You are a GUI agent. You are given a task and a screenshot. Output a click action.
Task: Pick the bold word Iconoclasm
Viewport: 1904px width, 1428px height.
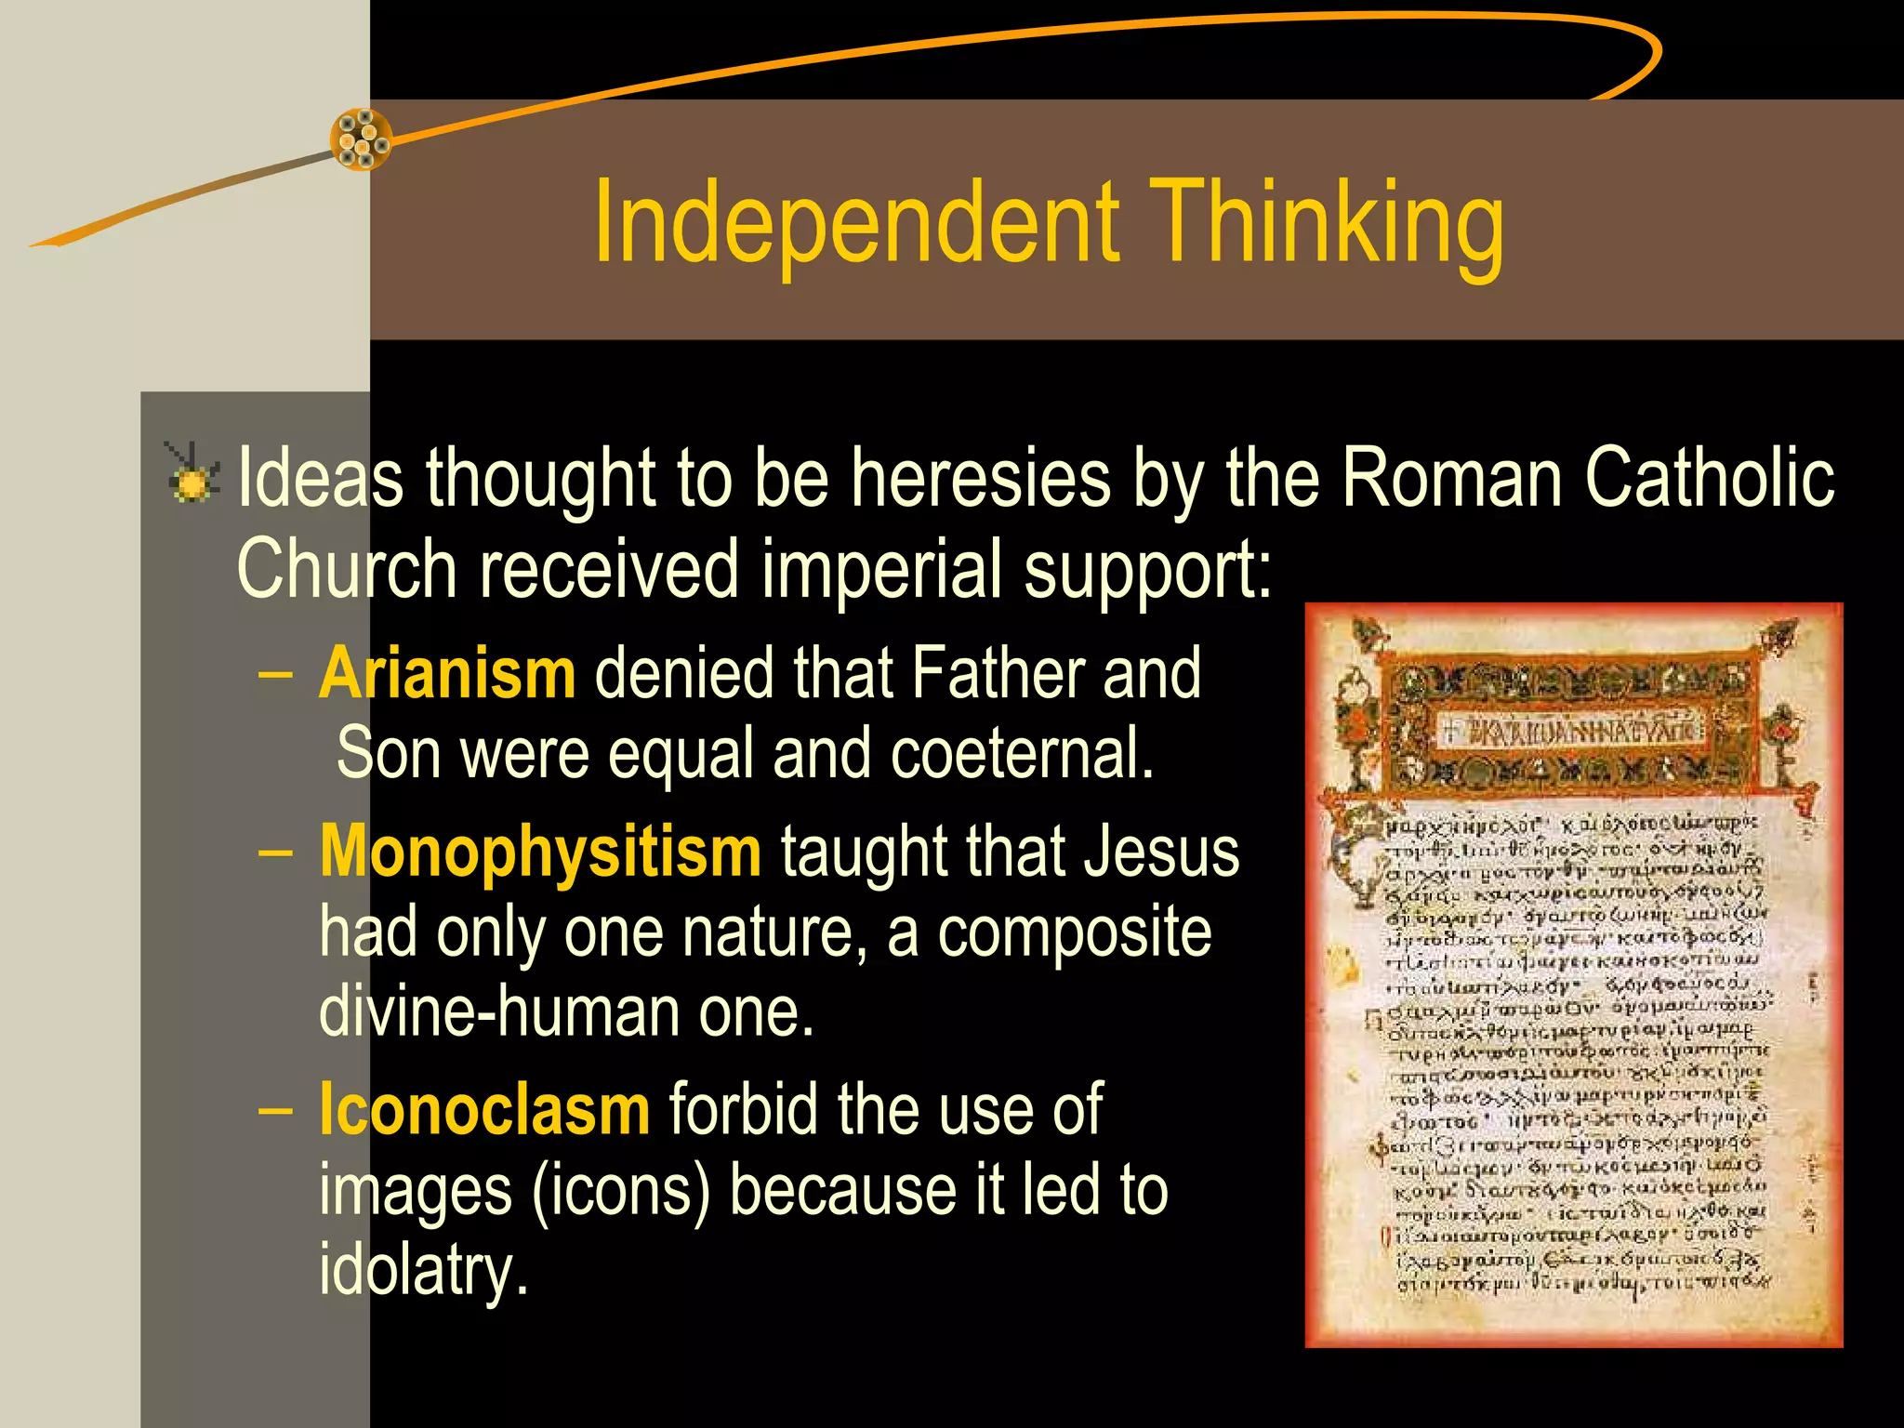click(x=483, y=1109)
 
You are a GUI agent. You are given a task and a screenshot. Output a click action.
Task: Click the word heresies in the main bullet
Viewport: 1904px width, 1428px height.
click(x=981, y=478)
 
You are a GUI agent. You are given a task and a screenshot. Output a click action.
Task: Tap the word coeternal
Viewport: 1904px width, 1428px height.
click(x=1022, y=752)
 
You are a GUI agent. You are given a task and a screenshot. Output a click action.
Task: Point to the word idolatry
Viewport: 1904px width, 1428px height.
click(x=423, y=1269)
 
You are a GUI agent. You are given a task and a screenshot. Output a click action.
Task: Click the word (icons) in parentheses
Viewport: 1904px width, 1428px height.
click(x=620, y=1190)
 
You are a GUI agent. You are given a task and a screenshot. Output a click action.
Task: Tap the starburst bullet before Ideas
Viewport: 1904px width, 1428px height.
click(x=192, y=476)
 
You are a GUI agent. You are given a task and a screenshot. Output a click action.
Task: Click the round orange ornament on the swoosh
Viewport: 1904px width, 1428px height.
click(x=361, y=139)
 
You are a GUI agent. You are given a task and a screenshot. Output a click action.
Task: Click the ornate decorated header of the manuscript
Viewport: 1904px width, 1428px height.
click(x=1571, y=730)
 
